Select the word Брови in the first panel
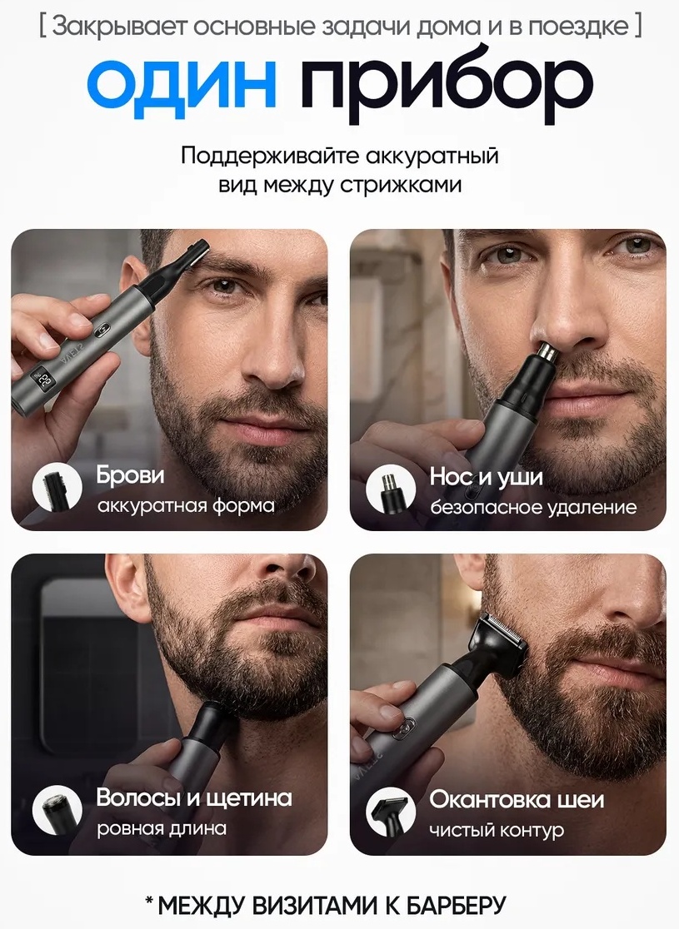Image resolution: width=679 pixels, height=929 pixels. (130, 476)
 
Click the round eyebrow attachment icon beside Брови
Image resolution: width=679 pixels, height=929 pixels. (57, 487)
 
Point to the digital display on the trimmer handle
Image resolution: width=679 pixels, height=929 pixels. (44, 380)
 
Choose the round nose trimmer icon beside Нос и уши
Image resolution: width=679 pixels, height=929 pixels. (390, 489)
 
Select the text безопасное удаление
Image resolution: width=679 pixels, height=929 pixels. (533, 507)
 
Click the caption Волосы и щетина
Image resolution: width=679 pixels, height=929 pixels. (194, 798)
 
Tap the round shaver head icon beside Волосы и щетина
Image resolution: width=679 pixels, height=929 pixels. (57, 810)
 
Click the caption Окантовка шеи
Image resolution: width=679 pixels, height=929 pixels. (517, 800)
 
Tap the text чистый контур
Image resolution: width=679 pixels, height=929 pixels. (497, 831)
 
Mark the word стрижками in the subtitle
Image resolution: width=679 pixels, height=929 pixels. (401, 185)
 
